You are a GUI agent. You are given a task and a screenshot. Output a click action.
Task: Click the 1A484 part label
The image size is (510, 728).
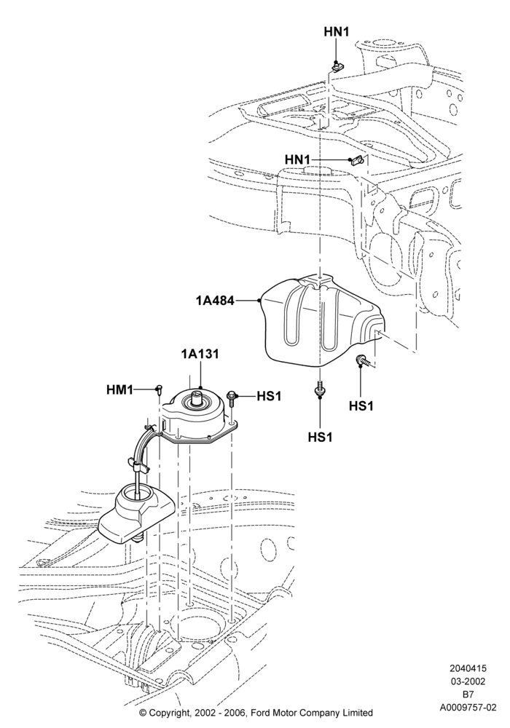click(x=215, y=301)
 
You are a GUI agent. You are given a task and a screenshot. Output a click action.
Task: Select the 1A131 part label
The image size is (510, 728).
click(x=200, y=354)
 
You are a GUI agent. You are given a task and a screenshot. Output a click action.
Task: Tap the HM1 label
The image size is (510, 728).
click(x=119, y=389)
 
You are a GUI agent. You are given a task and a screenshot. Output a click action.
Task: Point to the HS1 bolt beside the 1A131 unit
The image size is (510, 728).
click(x=231, y=397)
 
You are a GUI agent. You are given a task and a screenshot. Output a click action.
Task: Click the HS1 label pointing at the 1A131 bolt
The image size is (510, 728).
click(x=269, y=396)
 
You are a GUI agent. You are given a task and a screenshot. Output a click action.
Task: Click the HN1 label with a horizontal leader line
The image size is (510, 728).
click(x=297, y=159)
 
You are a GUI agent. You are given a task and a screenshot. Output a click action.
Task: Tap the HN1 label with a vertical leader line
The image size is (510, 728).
click(x=337, y=31)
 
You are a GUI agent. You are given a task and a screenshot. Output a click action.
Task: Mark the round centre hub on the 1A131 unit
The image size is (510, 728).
click(x=197, y=398)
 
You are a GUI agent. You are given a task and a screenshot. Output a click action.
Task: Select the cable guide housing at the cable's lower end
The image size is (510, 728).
click(x=136, y=514)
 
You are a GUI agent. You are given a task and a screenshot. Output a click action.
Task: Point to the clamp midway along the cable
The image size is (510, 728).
click(x=138, y=465)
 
